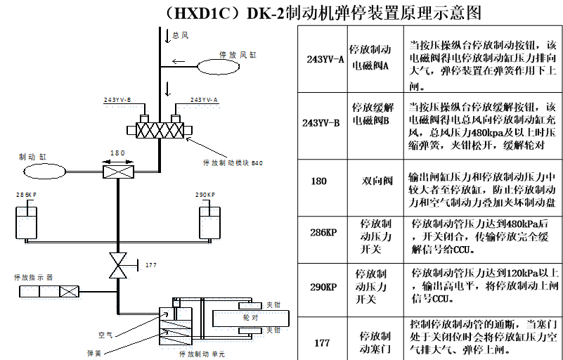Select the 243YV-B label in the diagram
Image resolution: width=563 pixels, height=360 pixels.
point(117,101)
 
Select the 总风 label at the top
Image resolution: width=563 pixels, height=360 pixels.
point(181,34)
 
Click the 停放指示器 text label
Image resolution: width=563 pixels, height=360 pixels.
point(33,276)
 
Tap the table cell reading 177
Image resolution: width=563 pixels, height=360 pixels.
point(322,342)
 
